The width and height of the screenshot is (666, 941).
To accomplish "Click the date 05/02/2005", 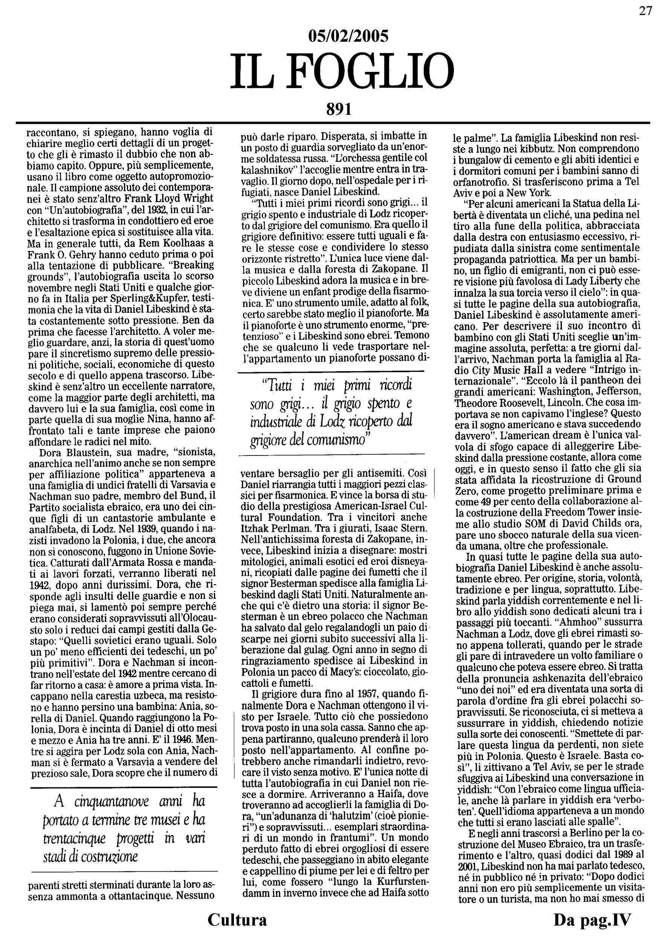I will [x=348, y=37].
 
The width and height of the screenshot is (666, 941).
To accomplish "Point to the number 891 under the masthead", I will [x=339, y=109].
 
